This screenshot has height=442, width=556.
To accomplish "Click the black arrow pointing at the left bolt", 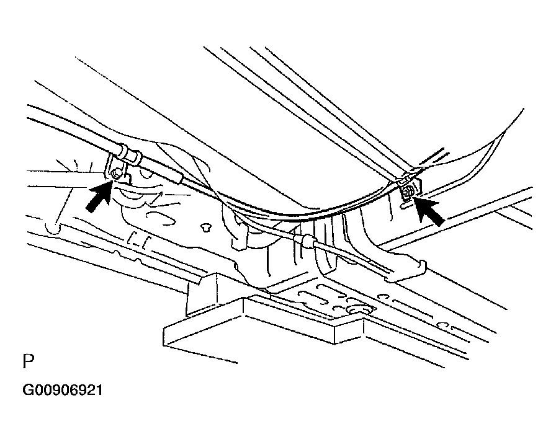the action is click(99, 196).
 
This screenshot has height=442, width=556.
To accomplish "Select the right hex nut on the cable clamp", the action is click(406, 192).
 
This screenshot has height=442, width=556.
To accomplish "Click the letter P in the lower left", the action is click(29, 361).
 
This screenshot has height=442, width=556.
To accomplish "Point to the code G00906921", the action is click(63, 391).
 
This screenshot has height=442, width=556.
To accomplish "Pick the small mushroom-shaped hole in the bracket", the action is click(205, 227).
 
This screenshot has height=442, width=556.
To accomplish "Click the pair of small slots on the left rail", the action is click(139, 239).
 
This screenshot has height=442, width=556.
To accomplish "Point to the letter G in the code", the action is click(28, 391).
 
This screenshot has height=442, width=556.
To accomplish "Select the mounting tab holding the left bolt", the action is click(118, 170).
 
